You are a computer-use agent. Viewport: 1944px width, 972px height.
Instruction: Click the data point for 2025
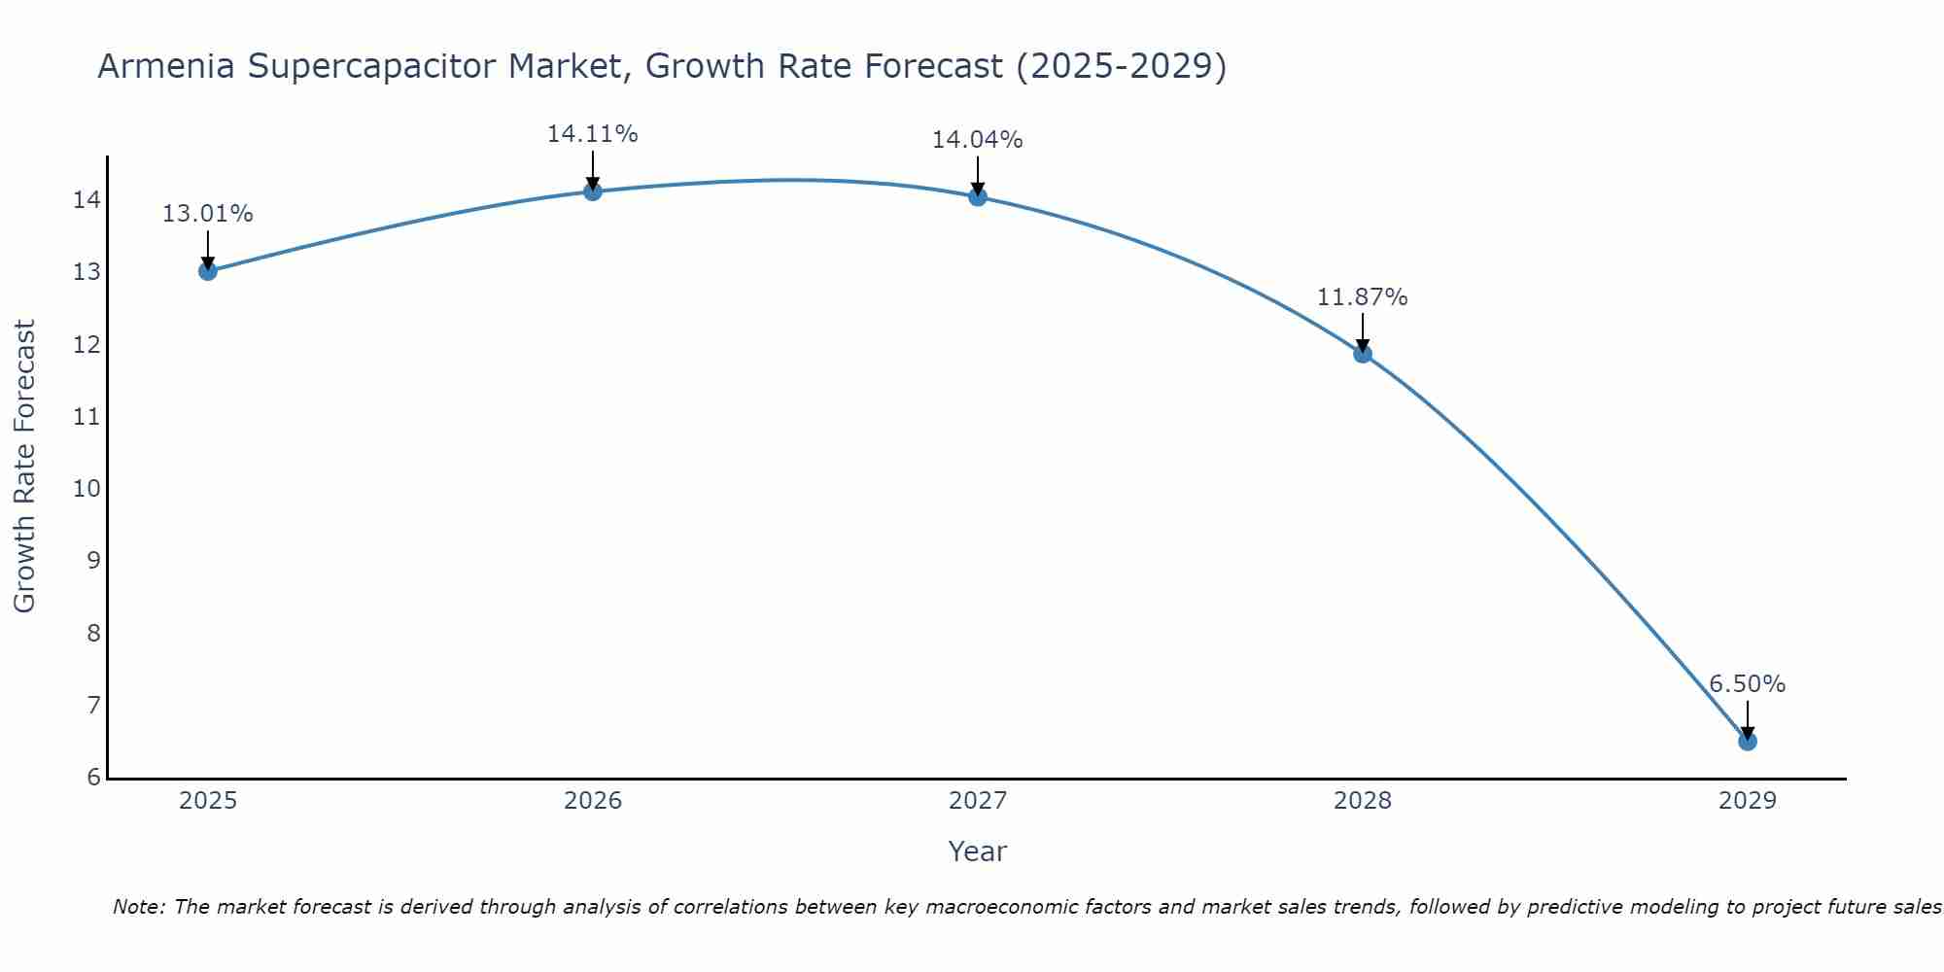pos(208,271)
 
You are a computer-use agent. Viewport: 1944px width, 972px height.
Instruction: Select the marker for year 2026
pos(593,191)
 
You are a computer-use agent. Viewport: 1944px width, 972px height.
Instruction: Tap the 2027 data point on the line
pos(978,197)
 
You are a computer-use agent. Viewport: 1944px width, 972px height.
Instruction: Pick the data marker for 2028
pos(1363,354)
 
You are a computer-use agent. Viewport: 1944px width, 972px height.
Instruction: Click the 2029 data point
pos(1748,742)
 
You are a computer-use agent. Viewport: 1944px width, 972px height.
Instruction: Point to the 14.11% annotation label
pos(593,134)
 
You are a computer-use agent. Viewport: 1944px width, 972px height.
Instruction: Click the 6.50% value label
pos(1748,684)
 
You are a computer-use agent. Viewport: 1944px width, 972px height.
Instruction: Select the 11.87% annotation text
pos(1363,297)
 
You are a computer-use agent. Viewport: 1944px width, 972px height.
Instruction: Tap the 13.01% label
pos(208,214)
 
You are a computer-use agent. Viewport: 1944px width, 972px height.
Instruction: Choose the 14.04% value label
pos(978,140)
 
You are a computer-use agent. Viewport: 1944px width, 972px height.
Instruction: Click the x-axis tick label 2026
pos(593,801)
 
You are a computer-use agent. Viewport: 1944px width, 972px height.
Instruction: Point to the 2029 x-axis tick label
pos(1748,801)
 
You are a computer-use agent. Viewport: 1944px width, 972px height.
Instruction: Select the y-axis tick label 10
pos(87,488)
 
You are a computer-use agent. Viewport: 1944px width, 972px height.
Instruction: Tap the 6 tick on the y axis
pos(93,777)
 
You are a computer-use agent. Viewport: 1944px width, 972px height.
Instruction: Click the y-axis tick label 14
pos(87,200)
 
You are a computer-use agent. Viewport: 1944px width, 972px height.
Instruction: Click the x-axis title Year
pos(978,851)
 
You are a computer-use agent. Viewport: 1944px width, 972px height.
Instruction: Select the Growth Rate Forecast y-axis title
pos(25,467)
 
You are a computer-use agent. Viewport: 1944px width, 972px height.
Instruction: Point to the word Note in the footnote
pos(139,907)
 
